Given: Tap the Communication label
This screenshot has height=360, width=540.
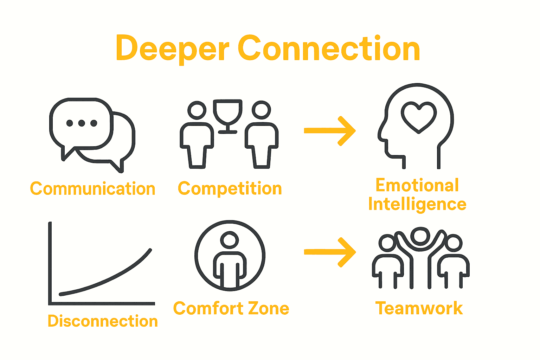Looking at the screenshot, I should (x=93, y=189).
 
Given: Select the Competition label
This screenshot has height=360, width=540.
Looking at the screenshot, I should (x=230, y=189).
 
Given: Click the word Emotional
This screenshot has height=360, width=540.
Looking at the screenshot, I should (x=417, y=185).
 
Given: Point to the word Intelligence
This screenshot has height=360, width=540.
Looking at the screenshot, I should (x=417, y=205).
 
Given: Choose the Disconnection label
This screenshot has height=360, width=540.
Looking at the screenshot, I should (x=103, y=321).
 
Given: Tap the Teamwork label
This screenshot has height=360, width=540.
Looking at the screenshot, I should (x=419, y=308).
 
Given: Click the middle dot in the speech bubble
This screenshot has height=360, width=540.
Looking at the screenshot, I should (x=82, y=123).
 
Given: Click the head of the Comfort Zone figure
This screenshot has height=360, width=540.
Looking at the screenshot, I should (x=230, y=240).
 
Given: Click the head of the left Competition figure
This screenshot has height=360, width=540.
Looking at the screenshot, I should (x=197, y=110).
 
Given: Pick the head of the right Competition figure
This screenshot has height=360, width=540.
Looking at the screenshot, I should (x=261, y=110).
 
